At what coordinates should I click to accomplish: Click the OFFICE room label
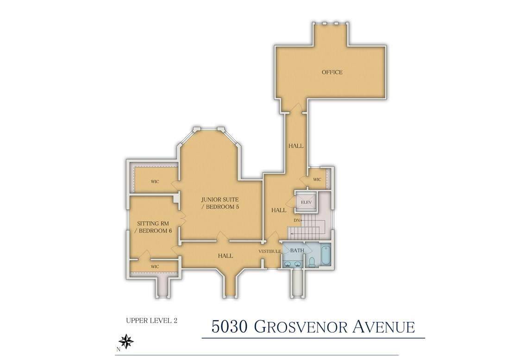[x=332, y=72]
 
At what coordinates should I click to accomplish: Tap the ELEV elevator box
[x=305, y=202]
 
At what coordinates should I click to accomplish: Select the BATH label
[x=297, y=250]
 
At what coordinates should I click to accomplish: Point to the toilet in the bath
[x=312, y=262]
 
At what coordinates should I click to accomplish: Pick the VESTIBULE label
[x=270, y=251]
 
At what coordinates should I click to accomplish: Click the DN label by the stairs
[x=297, y=220]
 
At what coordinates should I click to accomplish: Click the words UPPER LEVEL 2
[x=151, y=320]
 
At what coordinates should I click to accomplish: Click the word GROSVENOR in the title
[x=303, y=326]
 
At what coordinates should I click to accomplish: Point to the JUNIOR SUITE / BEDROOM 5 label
[x=220, y=203]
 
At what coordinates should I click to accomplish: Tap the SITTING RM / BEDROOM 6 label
[x=153, y=227]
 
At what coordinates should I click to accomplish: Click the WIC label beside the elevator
[x=317, y=179]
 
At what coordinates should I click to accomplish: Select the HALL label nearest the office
[x=296, y=146]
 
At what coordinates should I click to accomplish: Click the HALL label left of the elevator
[x=279, y=210]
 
